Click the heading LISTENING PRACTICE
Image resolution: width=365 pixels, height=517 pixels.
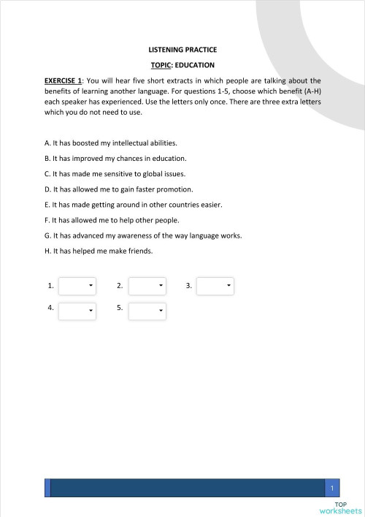click(x=182, y=50)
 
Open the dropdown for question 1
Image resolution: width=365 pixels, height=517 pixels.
click(x=77, y=286)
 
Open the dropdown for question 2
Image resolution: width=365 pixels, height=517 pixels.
click(x=147, y=286)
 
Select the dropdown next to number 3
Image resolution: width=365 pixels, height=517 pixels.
click(x=215, y=286)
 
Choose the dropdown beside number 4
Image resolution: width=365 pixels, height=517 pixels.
click(x=77, y=311)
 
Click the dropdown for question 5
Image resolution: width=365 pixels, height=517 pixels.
click(x=147, y=311)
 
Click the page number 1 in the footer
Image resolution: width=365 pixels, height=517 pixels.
click(x=332, y=488)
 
